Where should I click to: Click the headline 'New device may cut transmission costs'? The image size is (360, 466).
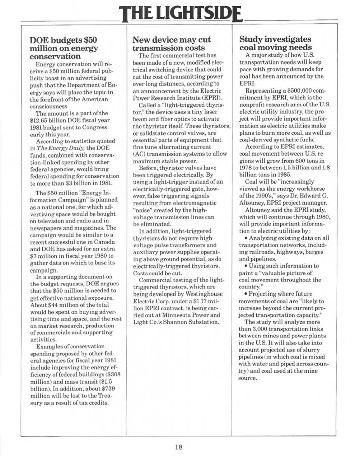pyautogui.click(x=172, y=44)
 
